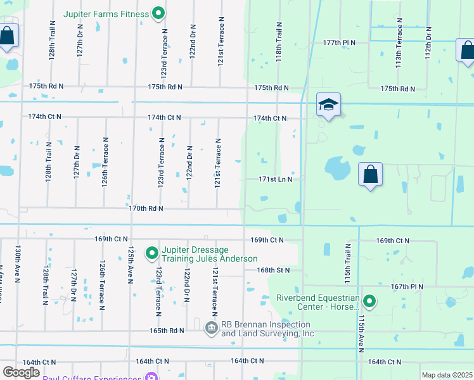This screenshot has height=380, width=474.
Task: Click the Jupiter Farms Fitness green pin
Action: click(x=158, y=13)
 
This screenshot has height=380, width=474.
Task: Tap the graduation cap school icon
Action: click(x=329, y=105)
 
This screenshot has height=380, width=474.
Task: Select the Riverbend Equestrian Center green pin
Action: click(x=369, y=302)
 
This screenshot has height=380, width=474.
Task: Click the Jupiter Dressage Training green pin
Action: click(x=152, y=254)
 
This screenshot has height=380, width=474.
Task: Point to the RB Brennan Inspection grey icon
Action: click(x=212, y=328)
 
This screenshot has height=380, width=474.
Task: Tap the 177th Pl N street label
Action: click(x=338, y=42)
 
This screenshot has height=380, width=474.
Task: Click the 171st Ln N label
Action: click(x=275, y=179)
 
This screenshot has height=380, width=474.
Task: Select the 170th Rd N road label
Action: click(x=146, y=208)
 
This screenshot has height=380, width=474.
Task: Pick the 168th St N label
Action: click(x=273, y=270)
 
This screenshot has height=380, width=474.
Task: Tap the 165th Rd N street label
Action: click(x=167, y=331)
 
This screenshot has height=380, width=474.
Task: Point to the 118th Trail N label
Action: click(x=279, y=41)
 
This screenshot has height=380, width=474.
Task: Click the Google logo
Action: click(x=22, y=372)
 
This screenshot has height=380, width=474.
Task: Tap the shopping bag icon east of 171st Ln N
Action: click(x=370, y=174)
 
